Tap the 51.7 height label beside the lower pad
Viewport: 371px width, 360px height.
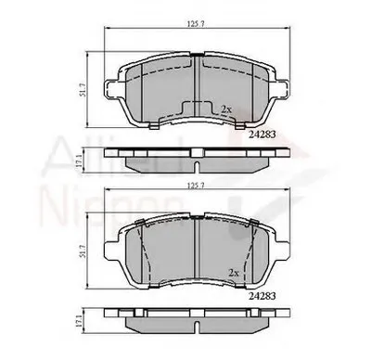[84, 249]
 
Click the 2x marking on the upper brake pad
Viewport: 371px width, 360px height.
[225, 109]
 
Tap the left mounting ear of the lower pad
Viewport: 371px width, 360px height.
[115, 251]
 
